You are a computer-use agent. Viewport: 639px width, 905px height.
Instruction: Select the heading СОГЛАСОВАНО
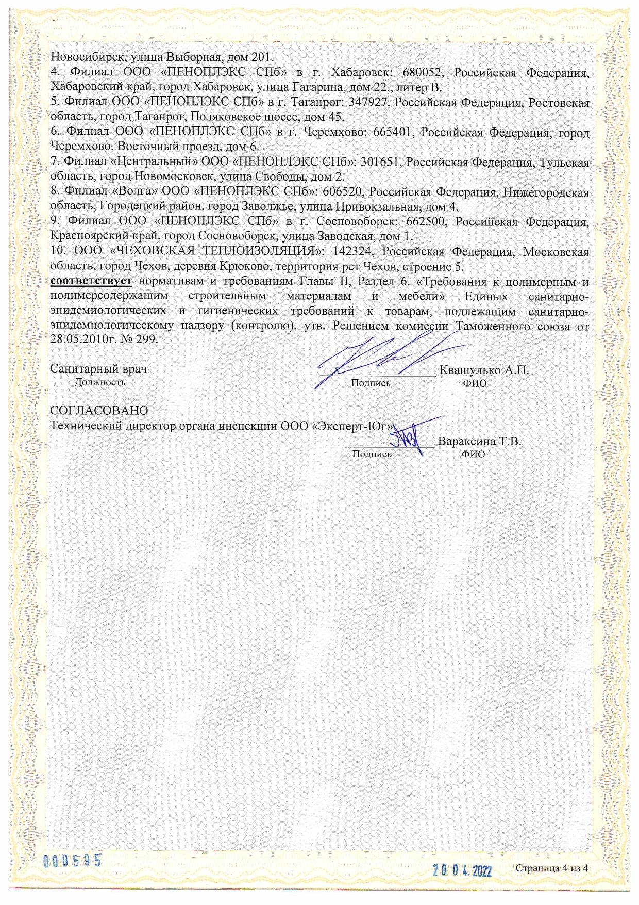pos(99,411)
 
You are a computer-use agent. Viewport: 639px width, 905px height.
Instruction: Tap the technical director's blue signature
pos(412,436)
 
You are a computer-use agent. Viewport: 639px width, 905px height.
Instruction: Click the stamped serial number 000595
pos(72,861)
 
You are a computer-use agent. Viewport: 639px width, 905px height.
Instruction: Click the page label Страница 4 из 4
pos(552,868)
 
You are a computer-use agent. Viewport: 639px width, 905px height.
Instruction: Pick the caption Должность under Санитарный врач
pos(100,382)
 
